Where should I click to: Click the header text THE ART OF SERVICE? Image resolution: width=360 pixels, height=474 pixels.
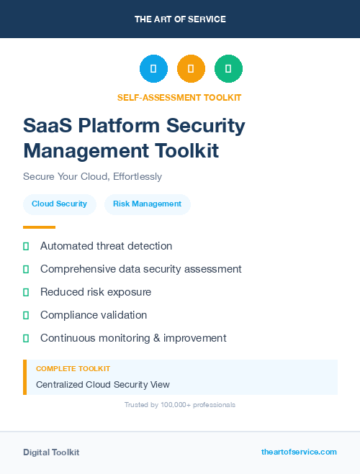(x=180, y=19)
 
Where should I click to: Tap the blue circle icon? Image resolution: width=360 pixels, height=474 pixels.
(x=153, y=68)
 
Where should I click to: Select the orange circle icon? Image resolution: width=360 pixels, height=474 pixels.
(x=191, y=68)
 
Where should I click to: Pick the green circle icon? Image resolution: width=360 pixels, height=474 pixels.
(x=228, y=68)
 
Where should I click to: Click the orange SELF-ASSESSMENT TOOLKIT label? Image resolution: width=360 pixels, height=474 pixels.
(x=179, y=97)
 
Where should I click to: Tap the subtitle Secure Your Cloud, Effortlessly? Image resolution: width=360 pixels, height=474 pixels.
(x=92, y=176)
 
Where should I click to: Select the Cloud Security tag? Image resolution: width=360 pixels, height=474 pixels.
(x=59, y=204)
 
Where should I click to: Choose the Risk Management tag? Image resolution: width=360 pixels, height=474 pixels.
(x=148, y=204)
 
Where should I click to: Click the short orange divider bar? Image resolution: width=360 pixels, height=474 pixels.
(x=39, y=227)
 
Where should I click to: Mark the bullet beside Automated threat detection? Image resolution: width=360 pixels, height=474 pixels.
(x=26, y=246)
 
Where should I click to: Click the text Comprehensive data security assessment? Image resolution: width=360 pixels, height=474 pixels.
(x=141, y=269)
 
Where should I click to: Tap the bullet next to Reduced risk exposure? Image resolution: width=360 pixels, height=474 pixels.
(x=26, y=292)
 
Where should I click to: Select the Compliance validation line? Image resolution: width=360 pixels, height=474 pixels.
(x=94, y=315)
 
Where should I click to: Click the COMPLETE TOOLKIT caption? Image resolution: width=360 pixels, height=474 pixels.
(x=73, y=368)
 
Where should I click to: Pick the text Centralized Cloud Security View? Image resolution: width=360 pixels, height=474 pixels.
(x=103, y=385)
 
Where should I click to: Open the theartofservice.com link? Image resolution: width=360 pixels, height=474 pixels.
(x=299, y=452)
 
